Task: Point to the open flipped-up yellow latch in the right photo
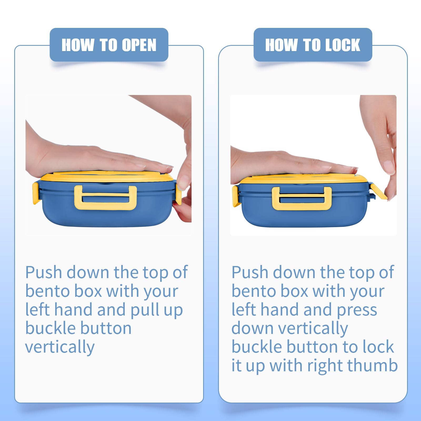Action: [379, 192]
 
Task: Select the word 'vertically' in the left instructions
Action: [60, 347]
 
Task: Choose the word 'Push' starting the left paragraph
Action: [44, 272]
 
